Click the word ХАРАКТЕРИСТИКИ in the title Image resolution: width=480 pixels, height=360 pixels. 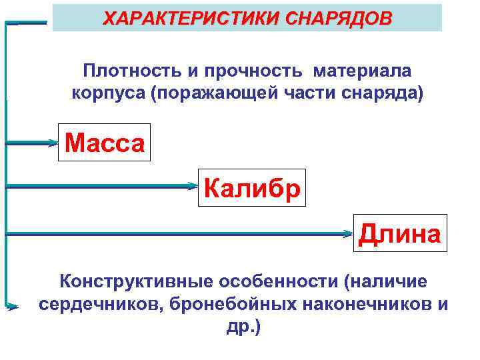tap(185, 17)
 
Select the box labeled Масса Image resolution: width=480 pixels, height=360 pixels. tap(105, 143)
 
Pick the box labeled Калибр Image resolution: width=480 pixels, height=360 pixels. tap(252, 188)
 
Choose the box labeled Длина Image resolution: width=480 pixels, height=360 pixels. tap(399, 233)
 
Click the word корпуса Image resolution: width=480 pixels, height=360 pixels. tap(108, 92)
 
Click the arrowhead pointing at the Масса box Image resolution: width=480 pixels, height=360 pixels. tap(53, 142)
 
